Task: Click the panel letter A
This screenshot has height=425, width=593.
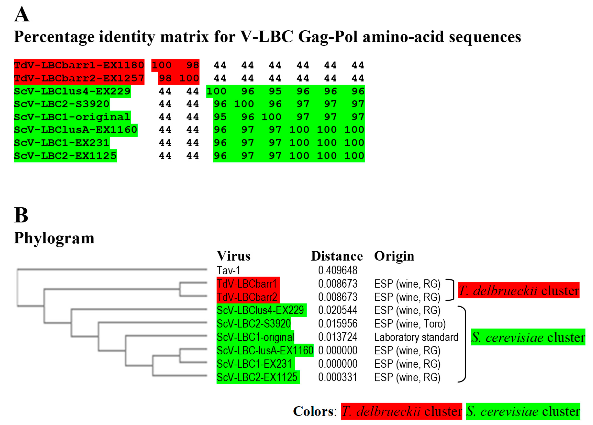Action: [x=22, y=14]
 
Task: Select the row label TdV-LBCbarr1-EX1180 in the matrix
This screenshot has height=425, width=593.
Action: [x=79, y=65]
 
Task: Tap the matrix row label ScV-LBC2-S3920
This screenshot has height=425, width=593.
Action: [x=62, y=104]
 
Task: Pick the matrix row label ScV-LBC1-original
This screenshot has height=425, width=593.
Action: [x=72, y=117]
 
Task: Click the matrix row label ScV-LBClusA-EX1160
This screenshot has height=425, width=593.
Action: [x=76, y=130]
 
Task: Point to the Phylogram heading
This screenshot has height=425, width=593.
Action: [x=54, y=238]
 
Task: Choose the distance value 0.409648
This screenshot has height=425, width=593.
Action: [x=338, y=270]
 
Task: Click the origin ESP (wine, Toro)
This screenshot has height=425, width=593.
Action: [x=410, y=324]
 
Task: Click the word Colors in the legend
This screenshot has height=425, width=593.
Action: [x=313, y=411]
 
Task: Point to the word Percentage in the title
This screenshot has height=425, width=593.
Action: [x=54, y=37]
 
